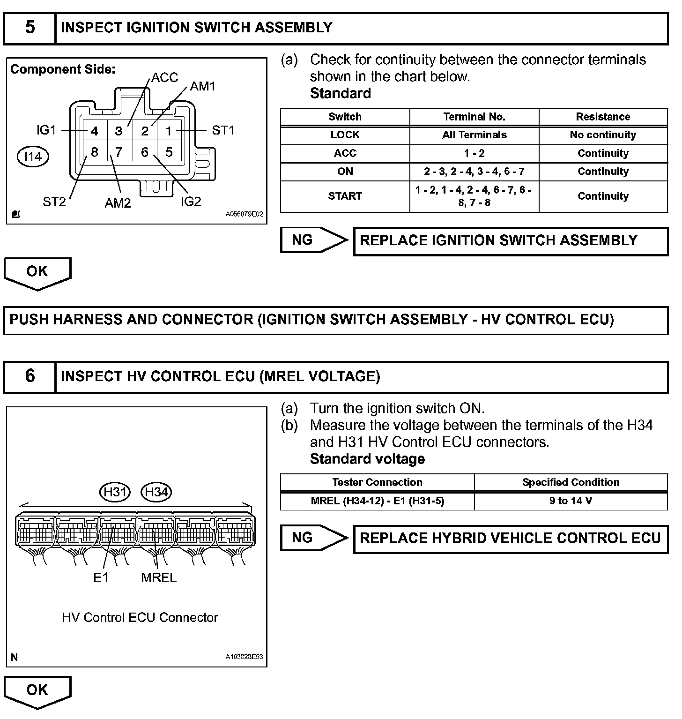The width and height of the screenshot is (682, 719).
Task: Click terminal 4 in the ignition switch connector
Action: [95, 131]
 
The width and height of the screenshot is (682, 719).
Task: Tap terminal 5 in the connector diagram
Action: [169, 152]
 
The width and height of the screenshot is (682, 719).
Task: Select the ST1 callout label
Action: [223, 130]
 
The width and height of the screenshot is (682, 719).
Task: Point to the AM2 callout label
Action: [118, 203]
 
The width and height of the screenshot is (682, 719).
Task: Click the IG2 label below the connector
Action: [191, 202]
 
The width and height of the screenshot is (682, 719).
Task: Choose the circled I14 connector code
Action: [33, 157]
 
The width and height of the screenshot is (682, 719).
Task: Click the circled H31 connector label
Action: [115, 492]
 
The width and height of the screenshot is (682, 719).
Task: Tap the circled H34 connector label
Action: [156, 492]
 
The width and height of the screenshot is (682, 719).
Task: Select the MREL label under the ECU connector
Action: [159, 577]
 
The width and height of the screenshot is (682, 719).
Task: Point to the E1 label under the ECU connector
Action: [101, 577]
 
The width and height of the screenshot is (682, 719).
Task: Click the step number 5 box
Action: [30, 28]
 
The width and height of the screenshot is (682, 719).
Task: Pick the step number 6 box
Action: [30, 376]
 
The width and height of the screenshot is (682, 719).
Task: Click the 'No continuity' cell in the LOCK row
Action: [603, 135]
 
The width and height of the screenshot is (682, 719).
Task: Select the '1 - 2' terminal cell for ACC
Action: [474, 153]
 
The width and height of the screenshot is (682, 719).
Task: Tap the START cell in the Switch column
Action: [345, 196]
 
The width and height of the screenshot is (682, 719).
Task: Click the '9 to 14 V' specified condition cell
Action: [571, 501]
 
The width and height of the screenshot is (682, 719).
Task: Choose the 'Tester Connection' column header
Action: [377, 482]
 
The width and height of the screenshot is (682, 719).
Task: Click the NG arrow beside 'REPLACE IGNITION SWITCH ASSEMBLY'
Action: [314, 240]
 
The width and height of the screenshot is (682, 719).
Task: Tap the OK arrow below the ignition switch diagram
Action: [37, 272]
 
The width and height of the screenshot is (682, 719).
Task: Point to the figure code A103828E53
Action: [244, 657]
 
